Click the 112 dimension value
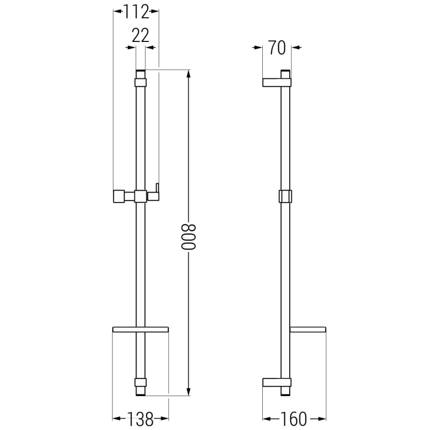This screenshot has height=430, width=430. (137, 12)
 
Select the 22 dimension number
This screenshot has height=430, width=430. (140, 35)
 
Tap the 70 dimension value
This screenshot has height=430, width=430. (277, 48)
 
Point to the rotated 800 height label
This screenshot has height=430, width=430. (189, 237)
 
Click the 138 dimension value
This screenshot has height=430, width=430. (140, 419)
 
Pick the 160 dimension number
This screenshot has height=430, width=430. (293, 419)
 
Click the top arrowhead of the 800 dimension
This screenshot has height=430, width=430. (189, 74)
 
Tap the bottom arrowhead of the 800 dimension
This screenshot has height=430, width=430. (189, 392)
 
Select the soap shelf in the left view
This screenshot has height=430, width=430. (140, 329)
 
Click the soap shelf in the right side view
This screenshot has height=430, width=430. (308, 329)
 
